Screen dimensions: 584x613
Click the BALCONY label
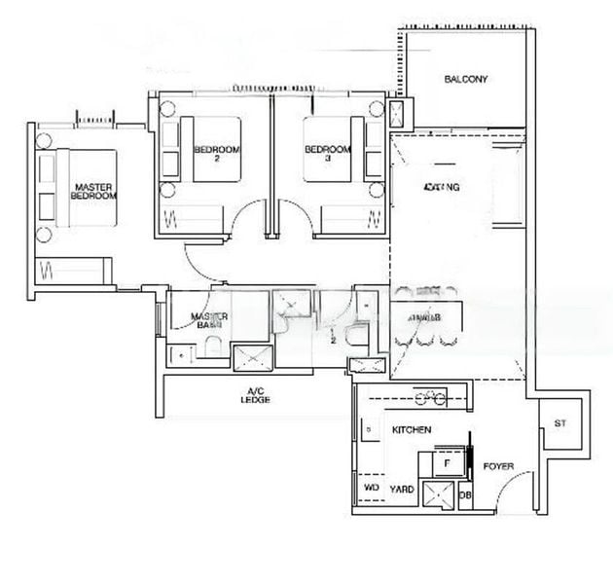[x=465, y=80]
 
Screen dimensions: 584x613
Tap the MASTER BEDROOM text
[x=93, y=191]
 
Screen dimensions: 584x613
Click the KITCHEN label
[x=411, y=429]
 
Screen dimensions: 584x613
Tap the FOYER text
[x=498, y=467]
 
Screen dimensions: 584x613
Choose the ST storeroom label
[x=559, y=423]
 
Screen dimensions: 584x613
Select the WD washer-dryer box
[x=371, y=487]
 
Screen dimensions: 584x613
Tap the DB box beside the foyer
[x=465, y=495]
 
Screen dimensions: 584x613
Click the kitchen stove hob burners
[x=429, y=397]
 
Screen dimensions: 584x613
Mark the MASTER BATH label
[x=208, y=322]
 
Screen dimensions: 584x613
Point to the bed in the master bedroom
[x=83, y=189]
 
